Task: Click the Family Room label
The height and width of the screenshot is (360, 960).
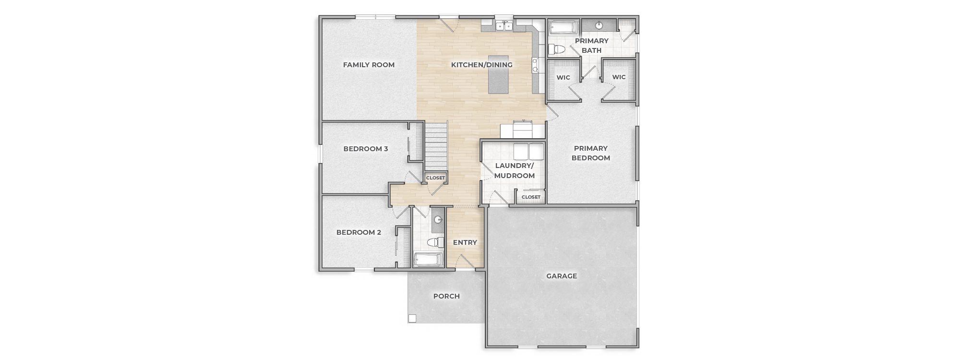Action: [x=369, y=65]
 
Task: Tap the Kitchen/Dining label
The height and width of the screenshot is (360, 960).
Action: [x=482, y=65]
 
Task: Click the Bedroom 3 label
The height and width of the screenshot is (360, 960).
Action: [x=366, y=149]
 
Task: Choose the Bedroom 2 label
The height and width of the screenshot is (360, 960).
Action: [x=359, y=232]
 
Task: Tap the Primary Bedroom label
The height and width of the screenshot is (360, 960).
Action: [x=591, y=153]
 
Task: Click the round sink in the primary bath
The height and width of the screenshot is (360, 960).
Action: [x=599, y=25]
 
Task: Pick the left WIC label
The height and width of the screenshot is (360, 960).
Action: [x=563, y=77]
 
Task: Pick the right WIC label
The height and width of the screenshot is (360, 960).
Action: [x=619, y=77]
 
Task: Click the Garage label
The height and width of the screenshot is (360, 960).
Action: [x=562, y=276]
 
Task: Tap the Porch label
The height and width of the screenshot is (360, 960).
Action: [x=446, y=296]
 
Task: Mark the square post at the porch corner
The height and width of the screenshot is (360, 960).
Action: [x=412, y=318]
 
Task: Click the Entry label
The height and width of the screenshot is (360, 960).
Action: [x=465, y=242]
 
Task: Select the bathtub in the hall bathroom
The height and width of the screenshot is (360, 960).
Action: [x=429, y=260]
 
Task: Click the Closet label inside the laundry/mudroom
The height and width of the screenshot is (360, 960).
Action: [x=531, y=197]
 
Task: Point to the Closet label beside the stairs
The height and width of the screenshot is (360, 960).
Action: [x=435, y=178]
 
